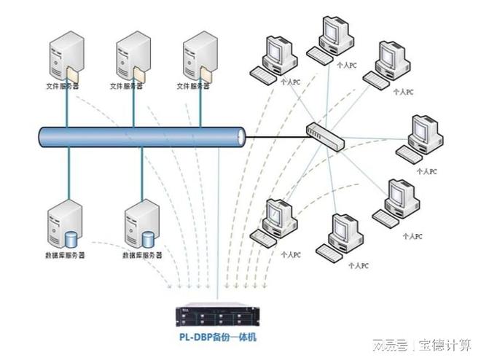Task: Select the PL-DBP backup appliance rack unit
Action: click(x=217, y=316)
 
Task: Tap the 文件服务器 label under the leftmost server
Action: click(x=63, y=86)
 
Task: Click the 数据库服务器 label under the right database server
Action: click(x=142, y=256)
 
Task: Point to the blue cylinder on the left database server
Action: click(x=71, y=238)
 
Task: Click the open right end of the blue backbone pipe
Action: click(x=241, y=136)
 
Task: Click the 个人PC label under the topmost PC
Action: click(x=347, y=64)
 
